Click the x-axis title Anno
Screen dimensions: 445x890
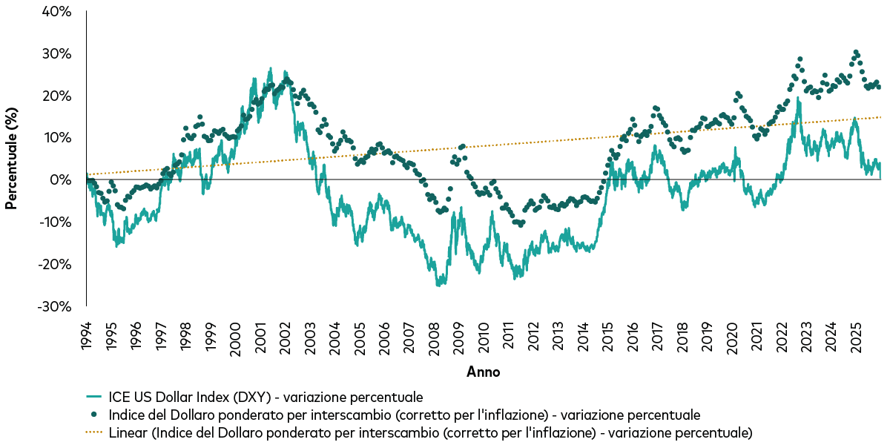pyautogui.click(x=483, y=372)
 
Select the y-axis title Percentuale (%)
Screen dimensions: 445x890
pyautogui.click(x=12, y=159)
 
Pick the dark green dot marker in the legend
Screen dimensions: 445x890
pyautogui.click(x=93, y=415)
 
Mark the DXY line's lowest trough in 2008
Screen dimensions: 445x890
pyautogui.click(x=438, y=285)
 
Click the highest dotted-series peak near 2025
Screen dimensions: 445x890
pyautogui.click(x=856, y=53)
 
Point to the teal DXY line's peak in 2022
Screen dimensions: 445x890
pyautogui.click(x=799, y=99)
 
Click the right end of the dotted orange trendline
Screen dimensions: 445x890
pyautogui.click(x=880, y=117)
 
